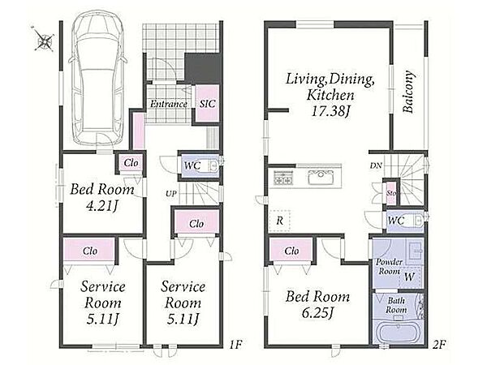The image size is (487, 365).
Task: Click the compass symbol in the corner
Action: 43,38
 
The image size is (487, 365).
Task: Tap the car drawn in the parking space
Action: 97,79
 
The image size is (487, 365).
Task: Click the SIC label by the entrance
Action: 207,104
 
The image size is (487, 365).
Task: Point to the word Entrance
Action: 169,104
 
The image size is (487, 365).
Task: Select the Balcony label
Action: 408,92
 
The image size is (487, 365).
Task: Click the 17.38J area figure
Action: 330,111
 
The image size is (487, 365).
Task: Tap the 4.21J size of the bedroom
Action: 102,206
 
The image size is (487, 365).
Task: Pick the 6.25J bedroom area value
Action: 317,312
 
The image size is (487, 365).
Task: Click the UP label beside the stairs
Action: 171,194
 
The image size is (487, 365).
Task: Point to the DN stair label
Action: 376,165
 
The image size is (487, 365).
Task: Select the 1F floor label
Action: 235,345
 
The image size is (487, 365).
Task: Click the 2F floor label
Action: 439,345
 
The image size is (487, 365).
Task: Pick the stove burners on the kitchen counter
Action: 283,178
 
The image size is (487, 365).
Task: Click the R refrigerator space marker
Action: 279,221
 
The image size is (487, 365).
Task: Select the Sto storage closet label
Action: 391,193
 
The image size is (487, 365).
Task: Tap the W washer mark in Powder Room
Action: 409,277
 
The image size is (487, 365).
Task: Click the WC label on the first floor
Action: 192,165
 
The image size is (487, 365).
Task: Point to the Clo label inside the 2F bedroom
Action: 291,251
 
